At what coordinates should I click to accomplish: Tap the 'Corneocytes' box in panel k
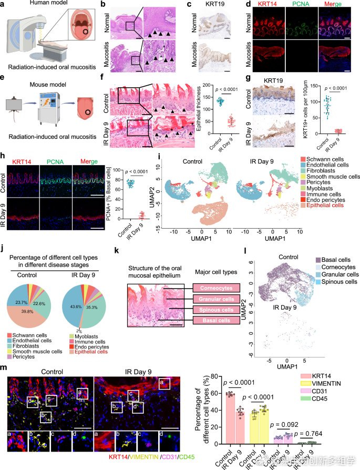point(216,288)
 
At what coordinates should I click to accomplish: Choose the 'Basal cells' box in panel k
point(216,320)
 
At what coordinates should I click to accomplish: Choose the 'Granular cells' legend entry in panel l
point(340,275)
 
